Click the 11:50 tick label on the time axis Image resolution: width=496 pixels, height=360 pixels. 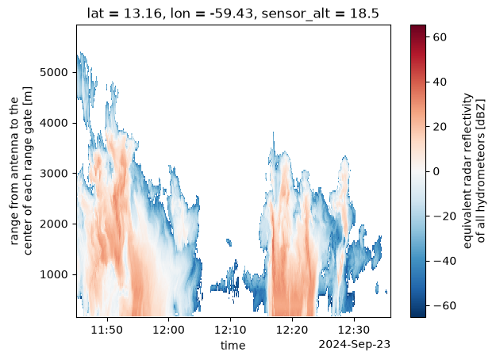tap(107, 330)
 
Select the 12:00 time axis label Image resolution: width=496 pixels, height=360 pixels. tap(168, 330)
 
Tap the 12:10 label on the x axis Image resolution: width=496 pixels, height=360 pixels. tap(230, 330)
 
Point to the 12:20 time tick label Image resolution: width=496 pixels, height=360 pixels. tap(292, 330)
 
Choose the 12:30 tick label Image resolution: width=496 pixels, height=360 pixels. tap(354, 330)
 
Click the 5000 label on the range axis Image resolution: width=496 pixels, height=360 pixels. tap(54, 72)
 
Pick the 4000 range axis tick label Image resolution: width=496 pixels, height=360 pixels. tap(54, 123)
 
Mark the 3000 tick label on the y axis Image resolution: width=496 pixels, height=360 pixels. tap(54, 174)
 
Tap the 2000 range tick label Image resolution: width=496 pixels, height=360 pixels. tap(54, 224)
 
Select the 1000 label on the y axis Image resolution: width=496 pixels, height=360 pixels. tap(54, 274)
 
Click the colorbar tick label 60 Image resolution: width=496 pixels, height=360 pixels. tap(440, 37)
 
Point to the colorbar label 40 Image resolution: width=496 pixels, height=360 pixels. tap(440, 82)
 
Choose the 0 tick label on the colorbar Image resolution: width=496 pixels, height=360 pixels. tap(436, 171)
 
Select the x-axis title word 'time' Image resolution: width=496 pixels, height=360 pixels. tap(233, 346)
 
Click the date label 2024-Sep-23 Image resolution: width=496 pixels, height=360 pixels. tap(354, 344)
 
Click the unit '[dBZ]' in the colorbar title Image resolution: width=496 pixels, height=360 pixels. tap(481, 116)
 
